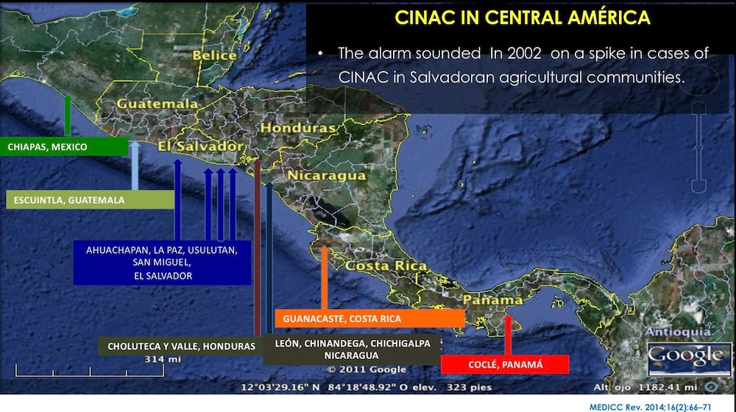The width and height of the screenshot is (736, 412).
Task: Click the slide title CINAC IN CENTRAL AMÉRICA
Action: click(523, 18)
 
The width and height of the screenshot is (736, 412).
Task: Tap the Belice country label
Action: click(214, 55)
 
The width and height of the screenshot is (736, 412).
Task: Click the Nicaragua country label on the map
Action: click(326, 176)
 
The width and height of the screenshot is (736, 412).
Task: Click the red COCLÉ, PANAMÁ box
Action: click(505, 364)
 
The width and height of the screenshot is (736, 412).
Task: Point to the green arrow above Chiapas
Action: click(67, 116)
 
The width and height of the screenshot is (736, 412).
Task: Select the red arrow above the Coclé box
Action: click(507, 335)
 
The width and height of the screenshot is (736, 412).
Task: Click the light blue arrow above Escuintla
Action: click(135, 166)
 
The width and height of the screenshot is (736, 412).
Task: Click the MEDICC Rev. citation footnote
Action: click(655, 405)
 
